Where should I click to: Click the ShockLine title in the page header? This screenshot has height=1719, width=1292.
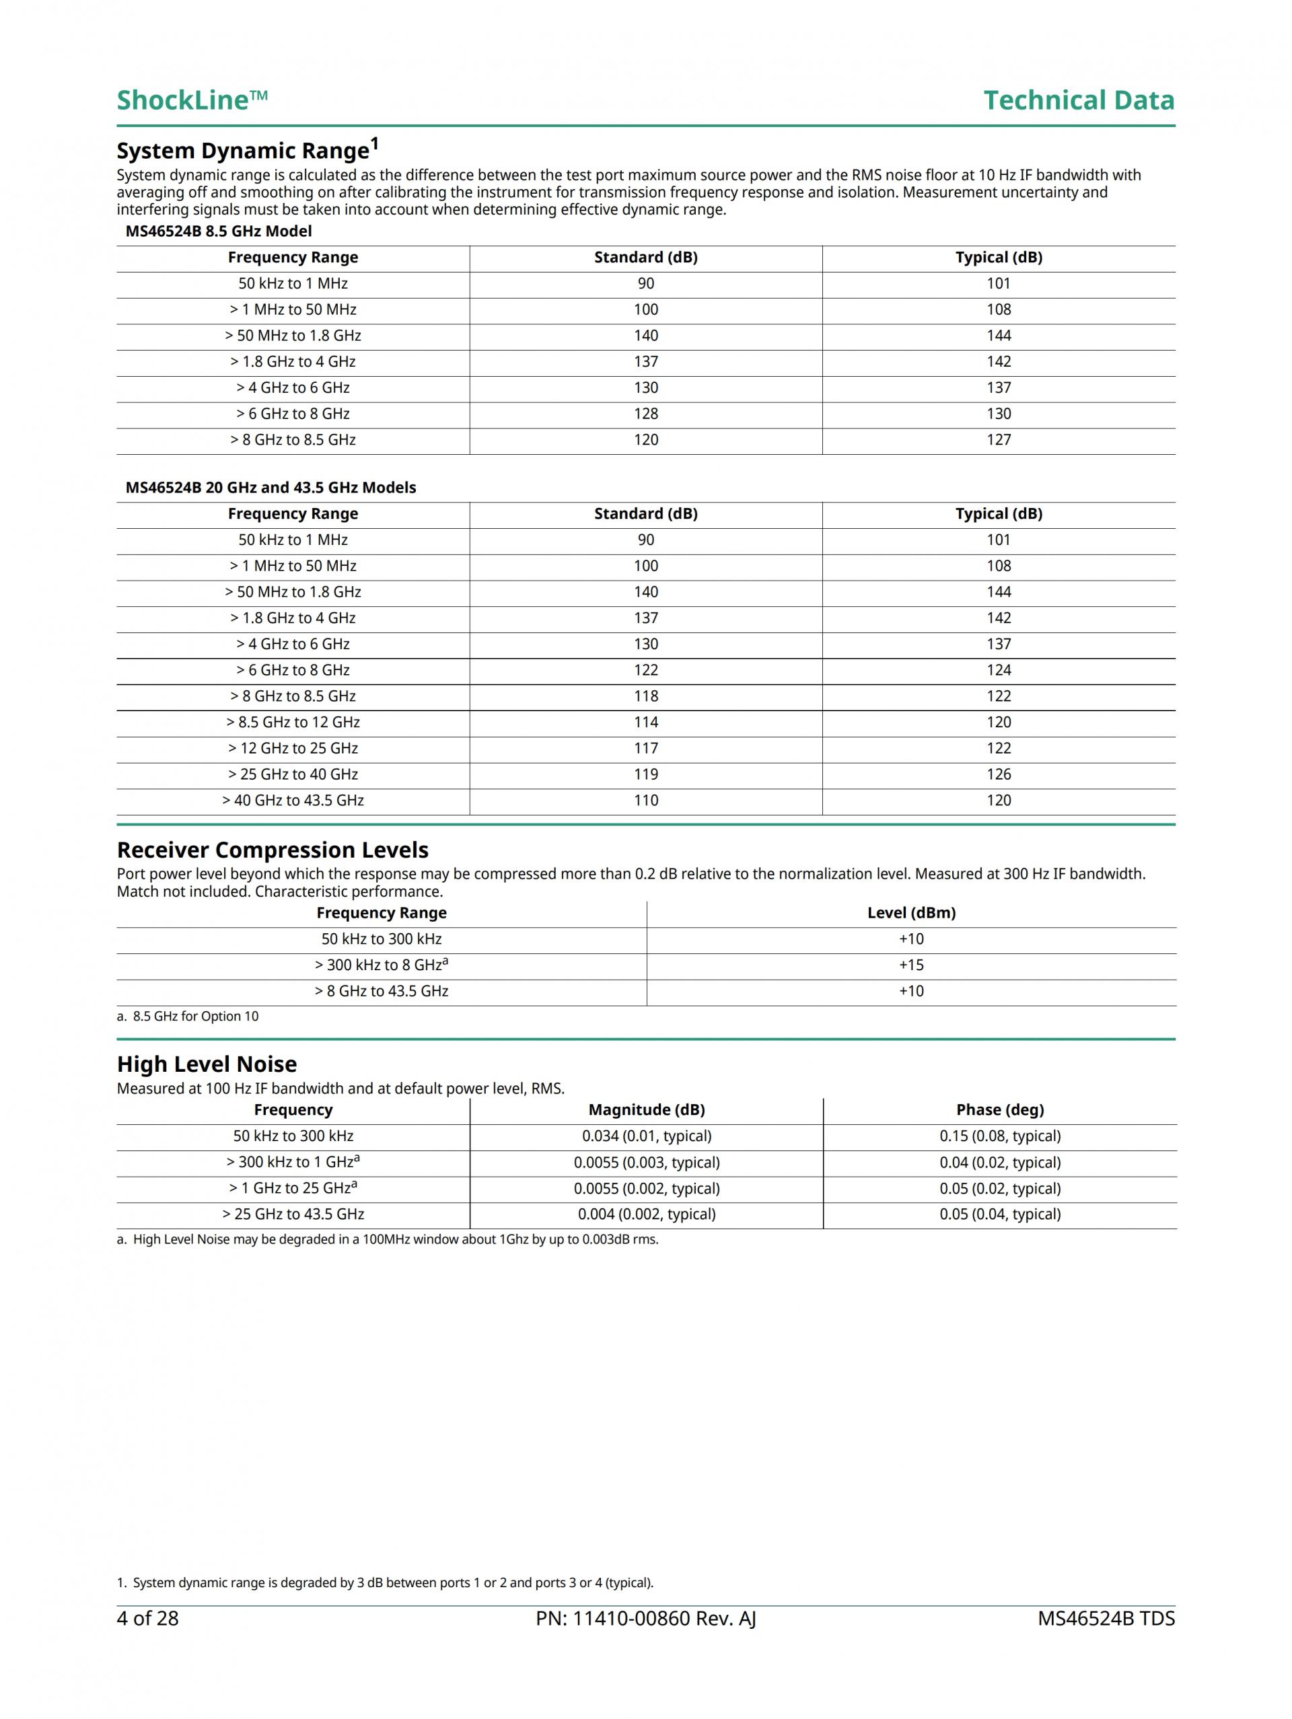point(192,100)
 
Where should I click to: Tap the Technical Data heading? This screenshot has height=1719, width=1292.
point(1078,100)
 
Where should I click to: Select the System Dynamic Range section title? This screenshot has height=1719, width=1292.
point(247,149)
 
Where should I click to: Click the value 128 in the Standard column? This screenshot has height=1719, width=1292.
point(645,413)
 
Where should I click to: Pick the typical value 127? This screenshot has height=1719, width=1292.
point(998,440)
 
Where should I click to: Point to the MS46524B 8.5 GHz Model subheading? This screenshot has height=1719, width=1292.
point(219,231)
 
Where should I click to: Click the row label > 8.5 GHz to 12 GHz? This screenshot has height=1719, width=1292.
point(293,722)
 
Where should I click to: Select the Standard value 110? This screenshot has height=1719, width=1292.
point(645,801)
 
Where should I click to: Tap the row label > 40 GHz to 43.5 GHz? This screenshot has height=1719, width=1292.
point(293,801)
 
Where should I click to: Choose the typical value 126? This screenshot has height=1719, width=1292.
point(998,774)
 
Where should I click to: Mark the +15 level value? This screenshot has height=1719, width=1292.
point(911,965)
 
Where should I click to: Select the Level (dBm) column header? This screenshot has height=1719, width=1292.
point(911,913)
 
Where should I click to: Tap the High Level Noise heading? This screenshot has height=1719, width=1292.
point(207,1064)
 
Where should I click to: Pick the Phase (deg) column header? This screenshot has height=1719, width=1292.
point(1000,1109)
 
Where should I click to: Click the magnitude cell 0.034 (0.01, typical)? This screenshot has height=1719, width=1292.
point(646,1136)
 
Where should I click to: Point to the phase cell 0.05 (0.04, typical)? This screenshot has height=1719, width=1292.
point(1000,1214)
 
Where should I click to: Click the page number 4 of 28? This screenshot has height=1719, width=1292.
point(147,1619)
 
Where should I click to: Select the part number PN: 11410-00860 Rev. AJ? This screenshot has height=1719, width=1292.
point(645,1619)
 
